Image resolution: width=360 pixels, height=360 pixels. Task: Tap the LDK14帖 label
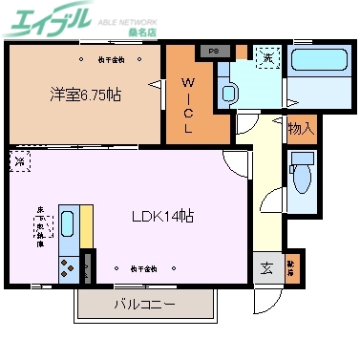pyautogui.click(x=162, y=216)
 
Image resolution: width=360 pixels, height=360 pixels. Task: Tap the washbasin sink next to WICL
pyautogui.click(x=228, y=94)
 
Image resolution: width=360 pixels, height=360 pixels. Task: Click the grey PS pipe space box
pyautogui.click(x=213, y=51)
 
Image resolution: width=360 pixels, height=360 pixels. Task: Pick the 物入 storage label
pyautogui.click(x=301, y=127)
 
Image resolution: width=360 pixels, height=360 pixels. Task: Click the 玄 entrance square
pyautogui.click(x=265, y=266)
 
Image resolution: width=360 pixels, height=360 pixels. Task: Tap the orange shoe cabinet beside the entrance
pyautogui.click(x=291, y=266)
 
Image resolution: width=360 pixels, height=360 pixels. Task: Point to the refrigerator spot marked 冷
pyautogui.click(x=19, y=161)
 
